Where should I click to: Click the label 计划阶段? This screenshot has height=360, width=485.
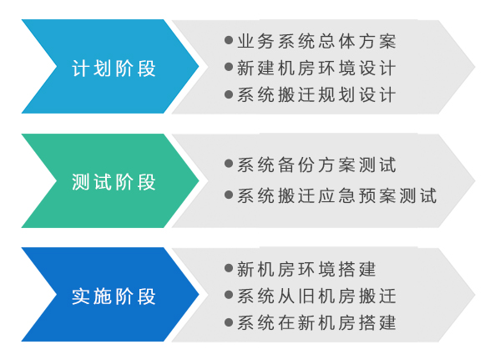coord(114,68)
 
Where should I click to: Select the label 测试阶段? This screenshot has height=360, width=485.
coord(114,182)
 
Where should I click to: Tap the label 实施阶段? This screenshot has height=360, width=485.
coord(114,297)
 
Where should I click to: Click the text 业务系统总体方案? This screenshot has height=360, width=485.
coord(316,41)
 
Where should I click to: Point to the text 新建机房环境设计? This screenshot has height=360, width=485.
coord(316,68)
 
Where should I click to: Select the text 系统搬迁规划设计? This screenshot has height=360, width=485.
coord(316,94)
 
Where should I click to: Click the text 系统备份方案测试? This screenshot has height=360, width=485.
coord(316,165)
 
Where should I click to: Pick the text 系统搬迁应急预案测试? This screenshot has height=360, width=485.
coord(337,195)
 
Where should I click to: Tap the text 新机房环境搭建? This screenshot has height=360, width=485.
coord(306,269)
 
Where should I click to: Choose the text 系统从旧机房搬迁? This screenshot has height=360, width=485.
coord(316,296)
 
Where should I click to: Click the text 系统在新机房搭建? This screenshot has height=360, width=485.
coord(316,322)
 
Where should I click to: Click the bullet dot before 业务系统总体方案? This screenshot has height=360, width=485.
coord(229,40)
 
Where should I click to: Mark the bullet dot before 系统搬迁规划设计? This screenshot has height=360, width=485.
coord(229,94)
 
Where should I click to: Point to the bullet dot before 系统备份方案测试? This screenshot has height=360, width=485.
coord(229,164)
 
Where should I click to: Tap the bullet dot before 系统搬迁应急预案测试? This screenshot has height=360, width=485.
coord(229,195)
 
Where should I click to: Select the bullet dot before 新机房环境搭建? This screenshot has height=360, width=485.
coord(229,268)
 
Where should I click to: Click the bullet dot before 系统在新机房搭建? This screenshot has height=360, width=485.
coord(229,322)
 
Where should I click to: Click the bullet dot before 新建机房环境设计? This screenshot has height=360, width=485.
coord(229,67)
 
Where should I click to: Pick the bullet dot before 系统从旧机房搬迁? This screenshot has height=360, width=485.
coord(229,295)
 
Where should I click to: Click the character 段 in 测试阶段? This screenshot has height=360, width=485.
coord(147,182)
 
